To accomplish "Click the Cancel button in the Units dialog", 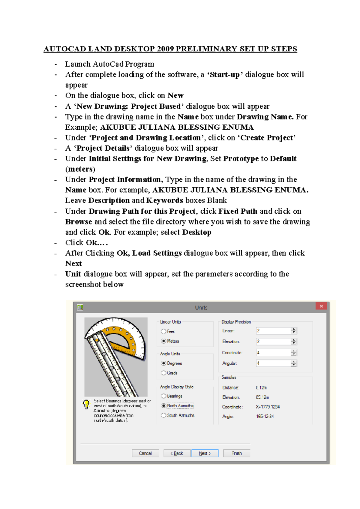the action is [x=145, y=453].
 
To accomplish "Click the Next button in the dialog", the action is [x=205, y=453].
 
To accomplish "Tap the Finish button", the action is [x=237, y=453].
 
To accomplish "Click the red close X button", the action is [x=321, y=306].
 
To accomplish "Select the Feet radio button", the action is [x=164, y=331].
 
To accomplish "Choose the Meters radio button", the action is [x=164, y=341].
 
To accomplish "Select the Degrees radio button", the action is [x=164, y=363].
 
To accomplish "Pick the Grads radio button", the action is [x=164, y=373].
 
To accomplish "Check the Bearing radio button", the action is [x=164, y=396].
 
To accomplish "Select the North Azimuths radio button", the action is [x=164, y=406].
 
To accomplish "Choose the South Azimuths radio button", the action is [x=164, y=415].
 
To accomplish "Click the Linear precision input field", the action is [x=273, y=330].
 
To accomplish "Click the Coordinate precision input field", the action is [x=273, y=352].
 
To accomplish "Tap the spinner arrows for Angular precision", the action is [x=294, y=363].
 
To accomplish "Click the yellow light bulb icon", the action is [x=86, y=405].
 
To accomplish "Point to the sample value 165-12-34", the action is [x=265, y=416].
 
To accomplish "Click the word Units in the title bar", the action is [x=201, y=308].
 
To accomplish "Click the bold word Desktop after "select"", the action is [x=197, y=232].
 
